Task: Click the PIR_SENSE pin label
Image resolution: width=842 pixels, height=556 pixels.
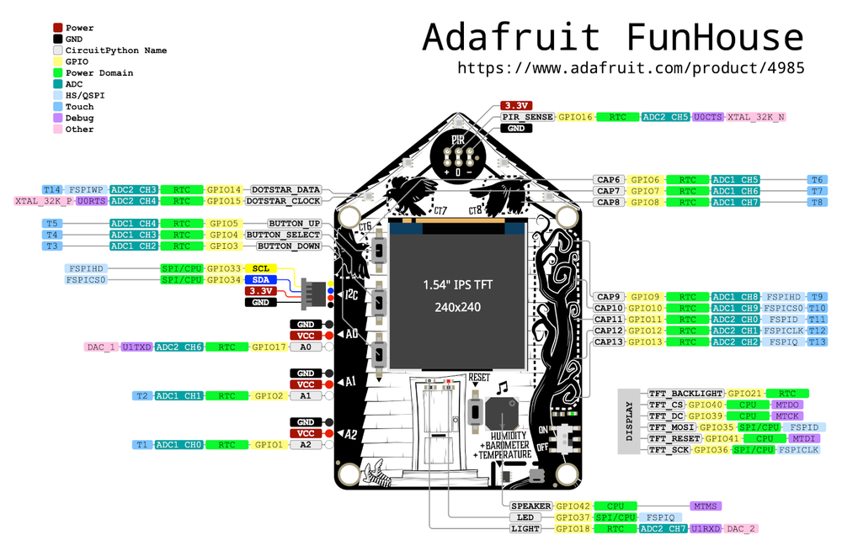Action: point(527,117)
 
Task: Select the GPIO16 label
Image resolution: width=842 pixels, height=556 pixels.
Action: point(576,117)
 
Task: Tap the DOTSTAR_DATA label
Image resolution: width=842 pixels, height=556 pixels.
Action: point(286,190)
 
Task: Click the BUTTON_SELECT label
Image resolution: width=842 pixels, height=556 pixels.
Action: point(283,235)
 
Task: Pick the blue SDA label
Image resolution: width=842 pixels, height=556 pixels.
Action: point(261,279)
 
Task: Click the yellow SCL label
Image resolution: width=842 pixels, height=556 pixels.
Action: point(261,268)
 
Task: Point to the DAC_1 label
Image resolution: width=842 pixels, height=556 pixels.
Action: point(101,347)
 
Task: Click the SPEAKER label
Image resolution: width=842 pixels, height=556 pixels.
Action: point(531,506)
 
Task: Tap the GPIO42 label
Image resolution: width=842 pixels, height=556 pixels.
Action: point(572,506)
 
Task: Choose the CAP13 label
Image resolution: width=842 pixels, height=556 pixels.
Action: point(609,342)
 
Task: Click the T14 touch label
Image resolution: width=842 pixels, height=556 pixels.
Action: point(52,190)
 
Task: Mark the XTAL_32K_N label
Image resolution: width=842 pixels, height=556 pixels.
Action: point(755,117)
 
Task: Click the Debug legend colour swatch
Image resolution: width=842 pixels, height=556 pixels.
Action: point(58,118)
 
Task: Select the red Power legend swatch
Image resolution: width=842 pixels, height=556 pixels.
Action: point(58,28)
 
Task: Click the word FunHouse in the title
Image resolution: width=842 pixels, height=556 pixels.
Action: point(714,38)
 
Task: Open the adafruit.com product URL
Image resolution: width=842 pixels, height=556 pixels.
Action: point(631,67)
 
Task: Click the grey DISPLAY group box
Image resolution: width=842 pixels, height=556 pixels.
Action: point(631,421)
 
